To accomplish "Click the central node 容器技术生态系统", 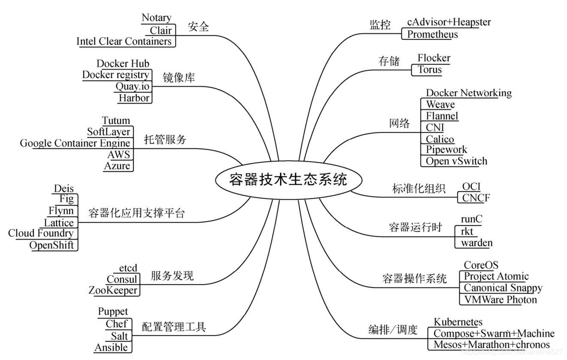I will (288, 180).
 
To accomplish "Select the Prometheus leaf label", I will (432, 34).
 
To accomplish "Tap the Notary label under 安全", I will (156, 18).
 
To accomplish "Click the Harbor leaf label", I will (134, 97).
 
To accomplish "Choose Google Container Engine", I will (75, 143).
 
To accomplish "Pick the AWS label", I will (119, 155).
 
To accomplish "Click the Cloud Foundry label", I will (41, 233).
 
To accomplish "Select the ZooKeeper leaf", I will (113, 290).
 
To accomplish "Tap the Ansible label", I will (111, 348).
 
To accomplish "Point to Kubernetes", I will (458, 322).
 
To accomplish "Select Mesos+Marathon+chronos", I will (491, 345).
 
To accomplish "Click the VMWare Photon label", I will (500, 300).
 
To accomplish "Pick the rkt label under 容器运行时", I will (467, 231).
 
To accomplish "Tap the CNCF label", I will (476, 198).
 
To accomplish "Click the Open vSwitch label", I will (456, 161).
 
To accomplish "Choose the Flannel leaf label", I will (442, 116).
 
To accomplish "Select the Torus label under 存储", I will (430, 70).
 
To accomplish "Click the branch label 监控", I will (380, 25).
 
